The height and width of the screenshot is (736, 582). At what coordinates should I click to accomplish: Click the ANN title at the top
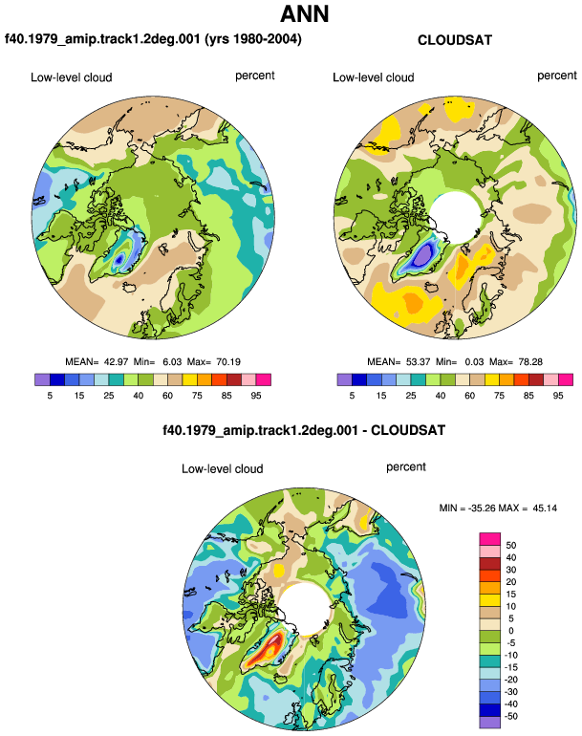pos(304,13)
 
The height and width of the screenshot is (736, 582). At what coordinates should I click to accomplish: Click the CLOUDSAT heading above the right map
pos(455,40)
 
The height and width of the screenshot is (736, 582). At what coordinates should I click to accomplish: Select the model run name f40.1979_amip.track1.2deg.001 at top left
pos(102,38)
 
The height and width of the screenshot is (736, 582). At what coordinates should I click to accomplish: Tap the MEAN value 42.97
pos(116,362)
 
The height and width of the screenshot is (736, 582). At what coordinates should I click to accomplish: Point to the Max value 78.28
pos(530,362)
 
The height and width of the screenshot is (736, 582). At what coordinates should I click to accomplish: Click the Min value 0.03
pos(474,362)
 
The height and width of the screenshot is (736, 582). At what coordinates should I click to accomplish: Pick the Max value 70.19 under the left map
pos(228,362)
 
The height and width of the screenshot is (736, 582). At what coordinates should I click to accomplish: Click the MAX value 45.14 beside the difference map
pos(545,508)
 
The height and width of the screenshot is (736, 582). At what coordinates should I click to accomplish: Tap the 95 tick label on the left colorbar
pos(256,396)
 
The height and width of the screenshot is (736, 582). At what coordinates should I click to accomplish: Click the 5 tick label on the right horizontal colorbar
pos(352,396)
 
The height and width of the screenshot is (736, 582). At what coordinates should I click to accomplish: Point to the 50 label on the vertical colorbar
pos(511,546)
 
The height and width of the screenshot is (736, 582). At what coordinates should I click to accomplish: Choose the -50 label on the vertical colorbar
pos(509,716)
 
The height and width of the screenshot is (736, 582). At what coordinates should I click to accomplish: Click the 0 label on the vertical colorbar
pos(511,631)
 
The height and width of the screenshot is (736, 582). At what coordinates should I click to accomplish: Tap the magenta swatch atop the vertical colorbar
pos(490,539)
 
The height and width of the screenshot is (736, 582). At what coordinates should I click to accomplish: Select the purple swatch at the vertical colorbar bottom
pos(490,723)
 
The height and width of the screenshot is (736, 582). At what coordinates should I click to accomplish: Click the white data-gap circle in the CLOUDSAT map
pos(456,216)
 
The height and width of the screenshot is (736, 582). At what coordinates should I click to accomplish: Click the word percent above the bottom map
pos(406,467)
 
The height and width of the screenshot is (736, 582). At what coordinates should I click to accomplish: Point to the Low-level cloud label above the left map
pos(72,77)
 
